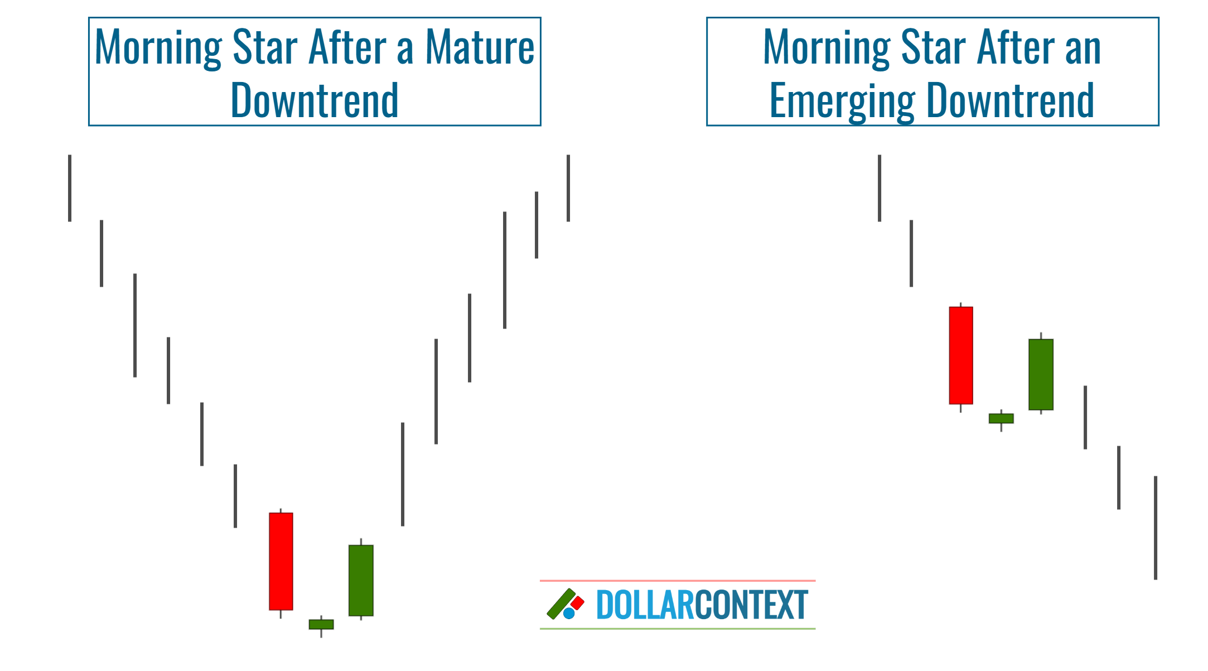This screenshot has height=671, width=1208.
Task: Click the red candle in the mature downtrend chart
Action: pos(281,561)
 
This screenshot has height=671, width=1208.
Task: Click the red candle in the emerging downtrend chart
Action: pos(961,355)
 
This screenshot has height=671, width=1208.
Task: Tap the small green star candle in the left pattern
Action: pos(321,624)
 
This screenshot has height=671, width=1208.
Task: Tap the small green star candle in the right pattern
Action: pos(1001,418)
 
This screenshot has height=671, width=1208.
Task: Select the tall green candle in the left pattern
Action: pos(361,580)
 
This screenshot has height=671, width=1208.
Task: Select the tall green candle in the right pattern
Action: pos(1041,374)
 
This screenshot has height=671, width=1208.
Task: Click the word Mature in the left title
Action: pos(480,47)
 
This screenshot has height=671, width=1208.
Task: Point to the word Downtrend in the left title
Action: pos(315,100)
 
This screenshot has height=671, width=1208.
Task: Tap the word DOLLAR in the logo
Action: pos(645,605)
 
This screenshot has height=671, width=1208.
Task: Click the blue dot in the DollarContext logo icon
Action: pos(569,614)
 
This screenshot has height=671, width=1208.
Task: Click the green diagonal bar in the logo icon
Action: pos(560,604)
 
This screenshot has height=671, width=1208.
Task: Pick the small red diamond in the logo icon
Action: pos(577,603)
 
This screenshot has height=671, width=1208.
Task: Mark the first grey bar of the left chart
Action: pos(70,188)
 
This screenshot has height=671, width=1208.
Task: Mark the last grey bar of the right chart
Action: pos(1156,528)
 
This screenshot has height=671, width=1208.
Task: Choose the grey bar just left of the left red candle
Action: pos(235,496)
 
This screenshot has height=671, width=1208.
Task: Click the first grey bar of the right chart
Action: pos(880,188)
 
